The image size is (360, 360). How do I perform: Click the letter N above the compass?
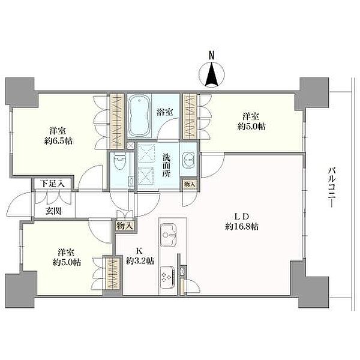(211, 55)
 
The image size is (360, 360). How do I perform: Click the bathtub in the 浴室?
(139, 116)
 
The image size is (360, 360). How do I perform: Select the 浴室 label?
(165, 112)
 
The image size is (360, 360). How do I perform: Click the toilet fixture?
(119, 161)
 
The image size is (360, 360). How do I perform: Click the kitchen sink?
(168, 235)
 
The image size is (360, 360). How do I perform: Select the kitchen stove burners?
(166, 277)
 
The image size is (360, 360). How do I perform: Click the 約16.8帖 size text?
(242, 227)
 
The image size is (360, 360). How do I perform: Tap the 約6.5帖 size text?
(58, 140)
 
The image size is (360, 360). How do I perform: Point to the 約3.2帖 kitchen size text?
(140, 260)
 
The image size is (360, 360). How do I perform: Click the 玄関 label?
(54, 211)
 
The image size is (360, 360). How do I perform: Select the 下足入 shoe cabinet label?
(53, 184)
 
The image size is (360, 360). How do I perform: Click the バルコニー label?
(332, 188)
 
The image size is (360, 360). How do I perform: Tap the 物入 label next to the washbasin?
(190, 184)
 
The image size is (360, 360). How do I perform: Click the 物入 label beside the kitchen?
(125, 226)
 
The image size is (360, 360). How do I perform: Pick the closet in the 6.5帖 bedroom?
(117, 121)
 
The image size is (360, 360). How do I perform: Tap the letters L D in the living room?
(242, 216)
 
